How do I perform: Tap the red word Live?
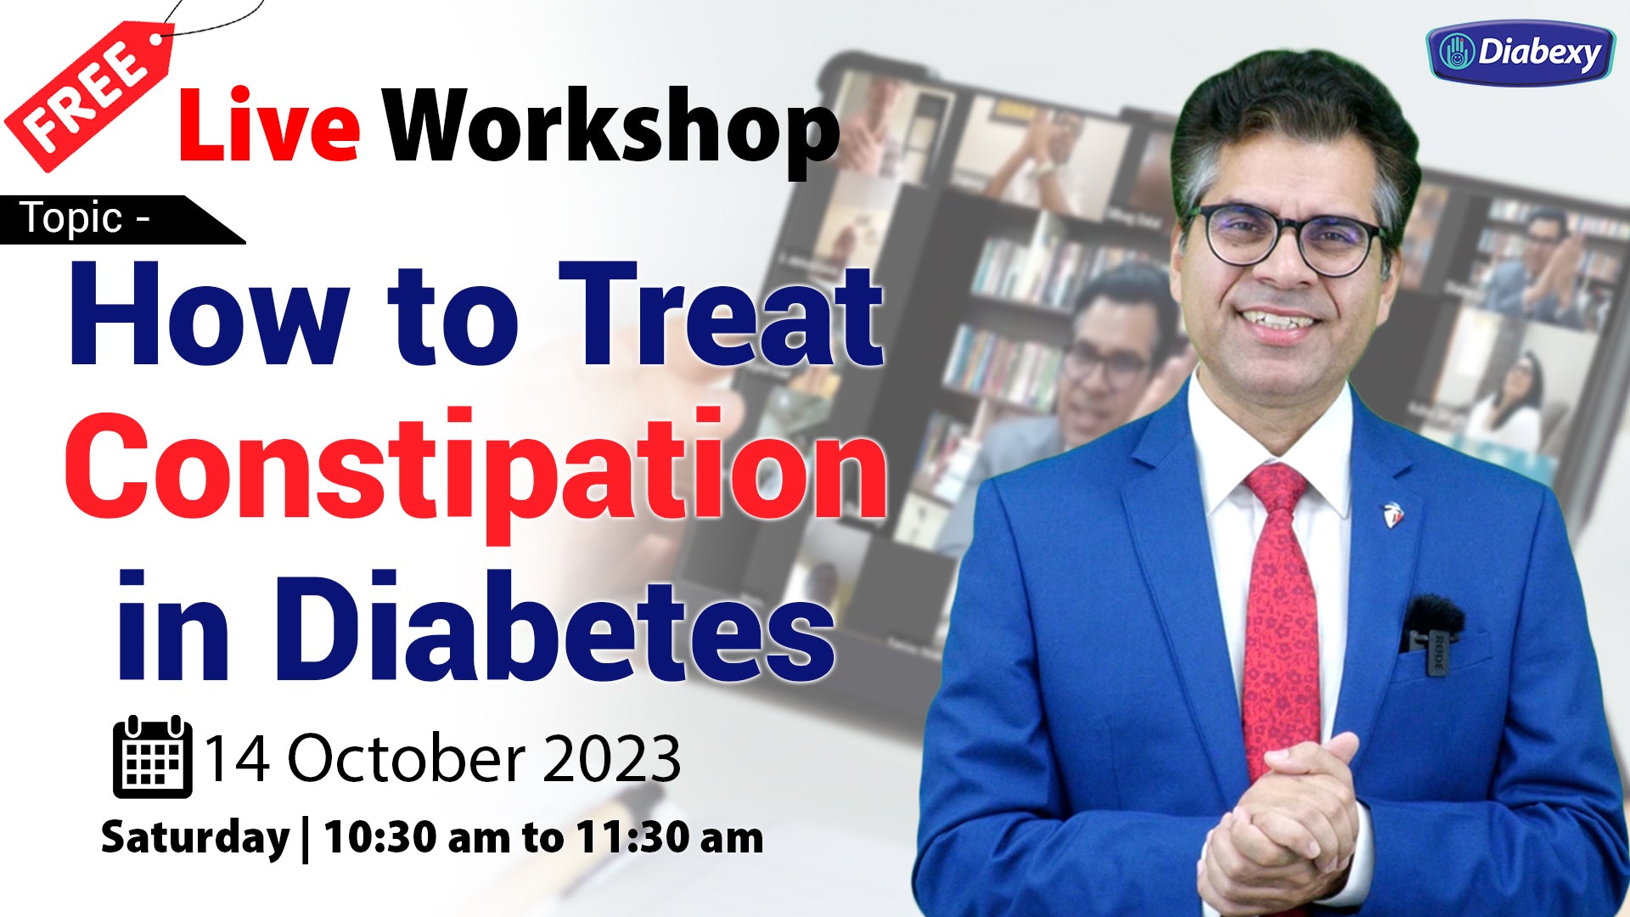[269, 126]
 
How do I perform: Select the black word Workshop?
[610, 129]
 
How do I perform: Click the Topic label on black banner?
[72, 218]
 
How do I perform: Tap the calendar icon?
[153, 757]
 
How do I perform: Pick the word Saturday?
[195, 838]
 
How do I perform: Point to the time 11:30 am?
[670, 837]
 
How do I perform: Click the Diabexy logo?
[1520, 53]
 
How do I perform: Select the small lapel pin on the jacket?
[1393, 513]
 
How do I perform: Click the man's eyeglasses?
[1285, 237]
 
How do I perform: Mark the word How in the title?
[208, 315]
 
